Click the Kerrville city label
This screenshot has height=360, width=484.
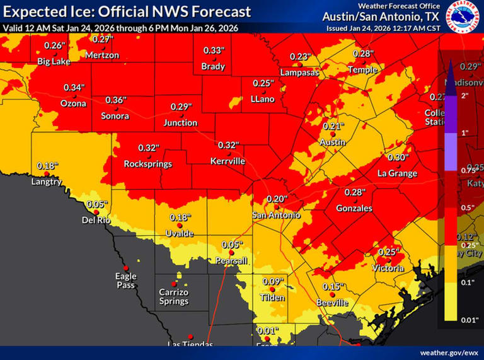[227, 161]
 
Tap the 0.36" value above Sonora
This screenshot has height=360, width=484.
[115, 100]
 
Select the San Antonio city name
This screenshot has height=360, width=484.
[276, 215]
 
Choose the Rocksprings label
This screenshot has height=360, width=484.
[148, 164]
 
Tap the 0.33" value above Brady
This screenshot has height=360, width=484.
[213, 50]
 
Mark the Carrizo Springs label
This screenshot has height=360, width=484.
[174, 296]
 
